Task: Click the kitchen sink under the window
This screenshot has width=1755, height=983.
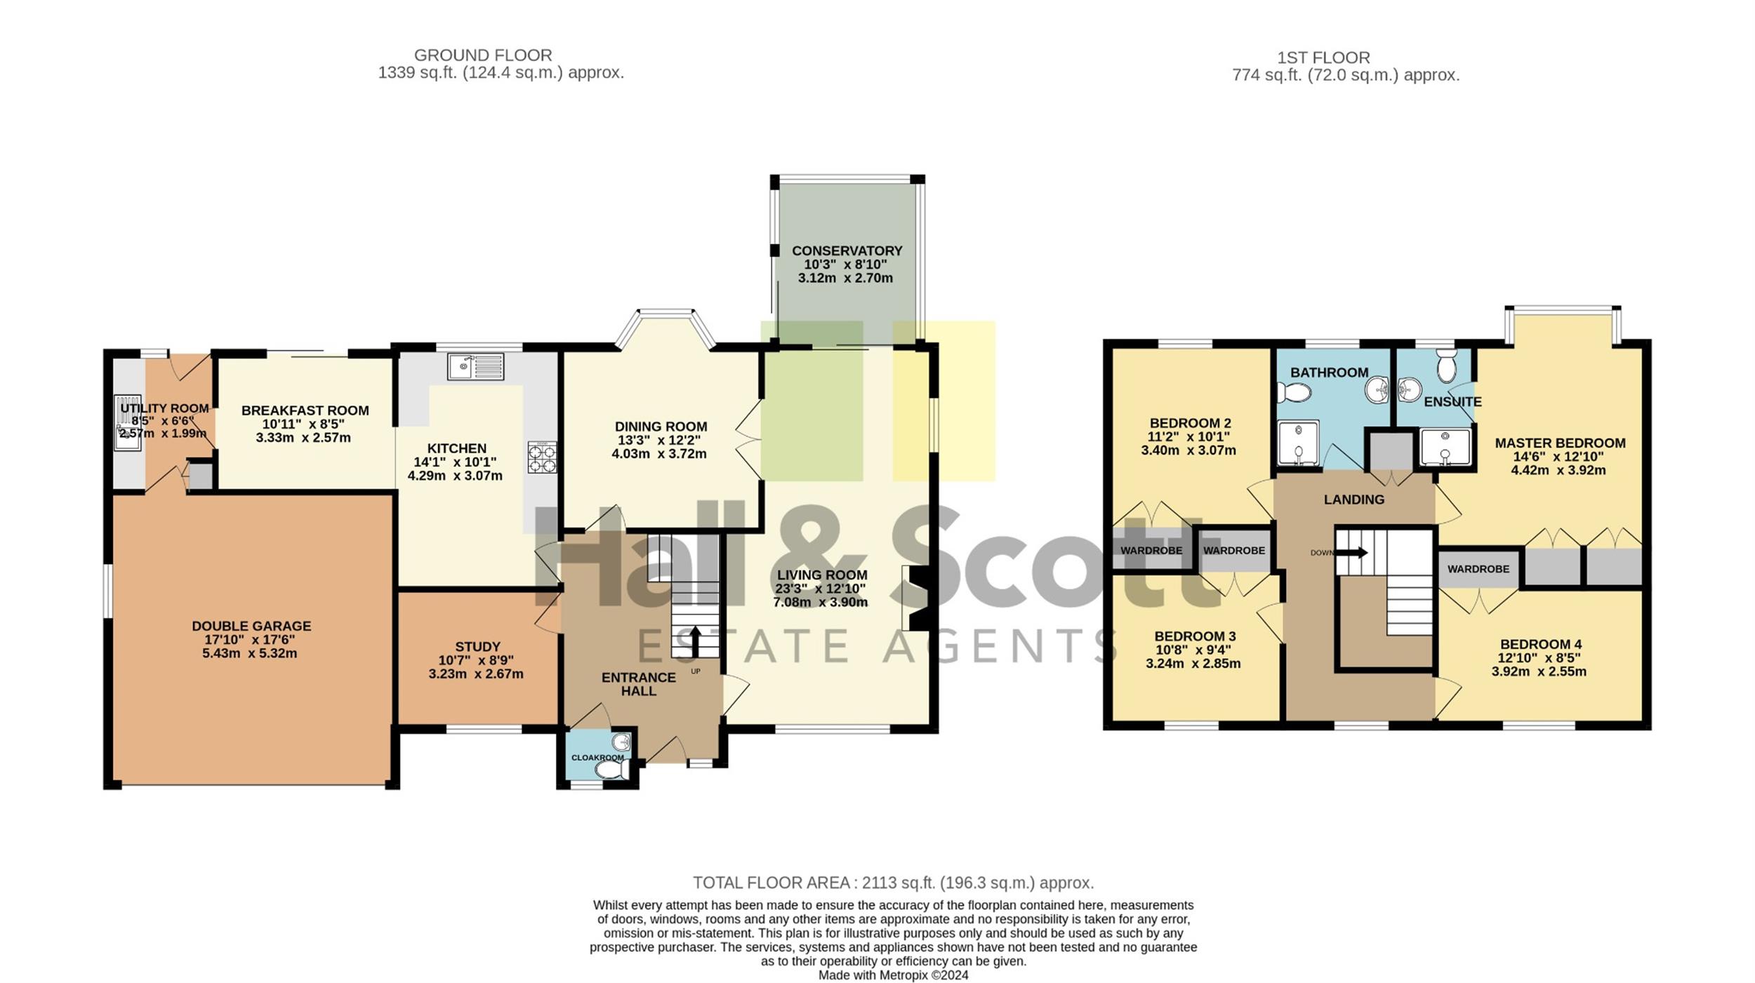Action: [475, 366]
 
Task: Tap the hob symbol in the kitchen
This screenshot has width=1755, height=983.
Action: [543, 457]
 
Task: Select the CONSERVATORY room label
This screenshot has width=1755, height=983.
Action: [847, 250]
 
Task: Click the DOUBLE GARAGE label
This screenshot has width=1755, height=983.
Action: [251, 626]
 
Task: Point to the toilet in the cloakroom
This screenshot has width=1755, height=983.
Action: [611, 770]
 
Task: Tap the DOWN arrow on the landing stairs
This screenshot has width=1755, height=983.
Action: [1351, 552]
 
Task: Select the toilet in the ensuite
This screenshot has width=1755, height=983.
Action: [1447, 366]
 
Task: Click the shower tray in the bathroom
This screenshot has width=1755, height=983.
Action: [1298, 443]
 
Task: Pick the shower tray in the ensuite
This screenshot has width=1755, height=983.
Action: [1445, 448]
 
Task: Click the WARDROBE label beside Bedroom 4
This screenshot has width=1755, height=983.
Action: [1478, 569]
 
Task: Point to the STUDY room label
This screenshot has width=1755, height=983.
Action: [477, 646]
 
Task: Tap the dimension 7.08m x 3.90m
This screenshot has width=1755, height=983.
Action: [821, 602]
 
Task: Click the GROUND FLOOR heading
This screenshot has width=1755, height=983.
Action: [483, 55]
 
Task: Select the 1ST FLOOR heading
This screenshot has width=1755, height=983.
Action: [1324, 58]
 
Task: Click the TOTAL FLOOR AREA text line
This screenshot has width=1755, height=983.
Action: [893, 882]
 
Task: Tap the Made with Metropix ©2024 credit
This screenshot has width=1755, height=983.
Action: [893, 975]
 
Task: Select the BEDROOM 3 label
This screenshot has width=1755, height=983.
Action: [1190, 636]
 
